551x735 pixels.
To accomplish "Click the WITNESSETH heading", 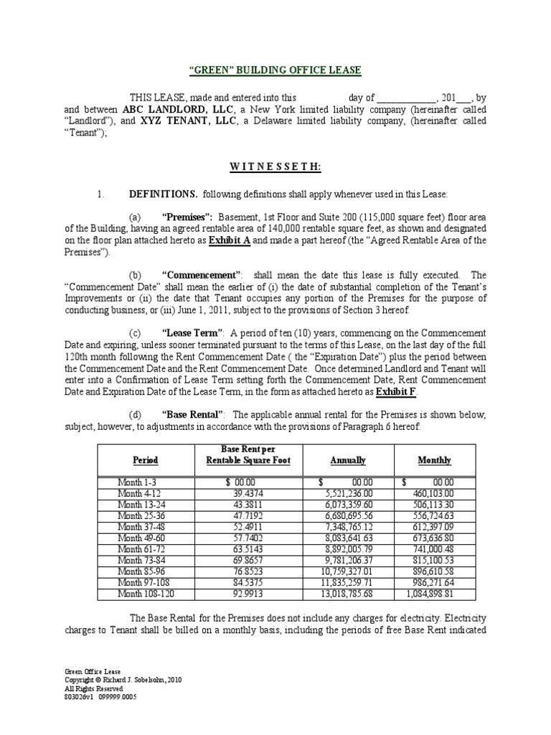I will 275,167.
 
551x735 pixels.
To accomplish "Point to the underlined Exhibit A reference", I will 230,240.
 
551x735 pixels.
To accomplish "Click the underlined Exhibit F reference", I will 396,393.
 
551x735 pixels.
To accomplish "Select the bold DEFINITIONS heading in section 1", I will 164,195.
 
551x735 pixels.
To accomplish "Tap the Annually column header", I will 348,460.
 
